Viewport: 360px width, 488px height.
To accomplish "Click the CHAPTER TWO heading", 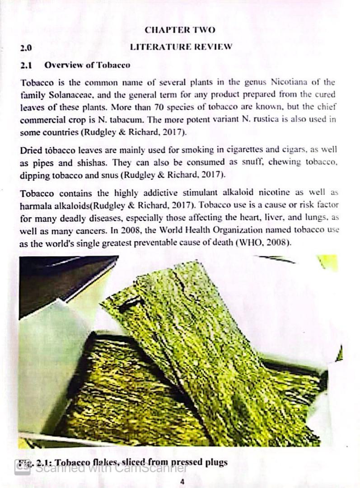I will (180, 30).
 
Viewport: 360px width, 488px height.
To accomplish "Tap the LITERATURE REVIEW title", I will (181, 47).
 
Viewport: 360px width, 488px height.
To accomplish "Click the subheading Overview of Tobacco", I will (87, 65).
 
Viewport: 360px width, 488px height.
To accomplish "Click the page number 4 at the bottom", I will (182, 481).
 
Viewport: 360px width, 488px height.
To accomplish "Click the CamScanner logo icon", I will (22, 467).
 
